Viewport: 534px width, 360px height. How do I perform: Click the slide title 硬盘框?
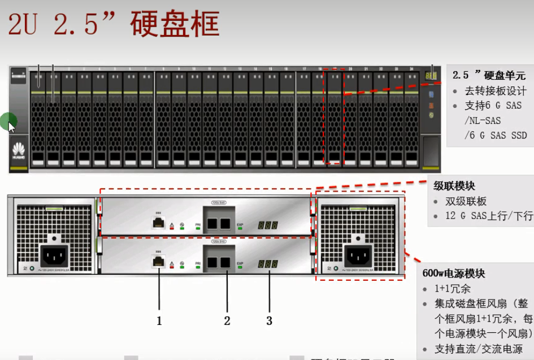(174, 24)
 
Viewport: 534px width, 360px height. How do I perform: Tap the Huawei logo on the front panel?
(19, 151)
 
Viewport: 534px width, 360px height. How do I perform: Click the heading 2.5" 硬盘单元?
(489, 75)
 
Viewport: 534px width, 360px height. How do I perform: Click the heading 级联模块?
(454, 186)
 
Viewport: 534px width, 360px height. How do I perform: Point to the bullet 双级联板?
(466, 201)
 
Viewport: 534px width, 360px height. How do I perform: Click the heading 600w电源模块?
(454, 274)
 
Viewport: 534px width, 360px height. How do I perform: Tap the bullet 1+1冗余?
(453, 289)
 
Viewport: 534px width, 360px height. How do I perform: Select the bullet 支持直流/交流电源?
(478, 349)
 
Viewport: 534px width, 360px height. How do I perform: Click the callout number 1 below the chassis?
(159, 320)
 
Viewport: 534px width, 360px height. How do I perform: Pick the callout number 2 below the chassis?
(227, 320)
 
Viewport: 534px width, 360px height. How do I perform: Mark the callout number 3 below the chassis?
(270, 320)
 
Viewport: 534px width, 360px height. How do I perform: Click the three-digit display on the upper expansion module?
(267, 225)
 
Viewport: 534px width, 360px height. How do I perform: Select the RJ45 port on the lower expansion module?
(159, 262)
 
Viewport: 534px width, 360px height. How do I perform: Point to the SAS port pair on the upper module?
(219, 223)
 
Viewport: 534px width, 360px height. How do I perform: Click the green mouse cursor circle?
(8, 120)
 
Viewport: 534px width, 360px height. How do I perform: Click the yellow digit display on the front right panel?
(431, 75)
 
